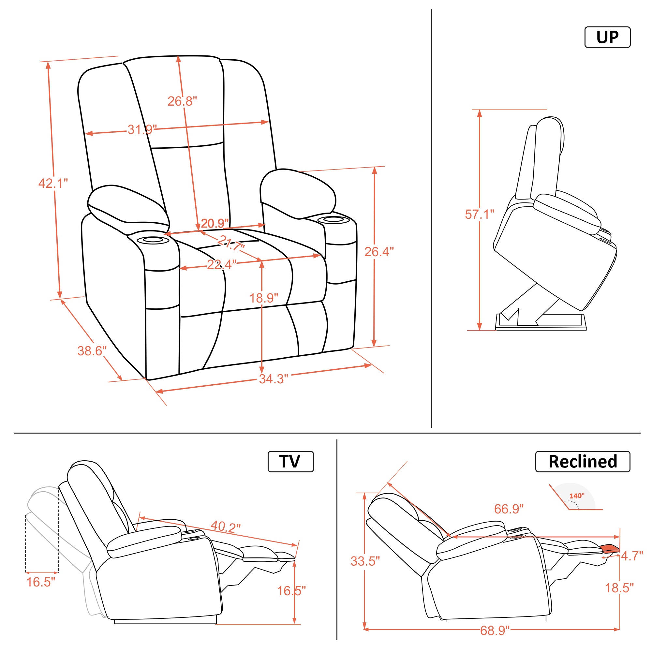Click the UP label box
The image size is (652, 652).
[x=607, y=37]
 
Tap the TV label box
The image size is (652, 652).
[x=290, y=461]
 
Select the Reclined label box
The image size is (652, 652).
[x=583, y=461]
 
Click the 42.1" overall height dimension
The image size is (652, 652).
[x=53, y=183]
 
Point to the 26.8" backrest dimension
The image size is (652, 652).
[x=182, y=101]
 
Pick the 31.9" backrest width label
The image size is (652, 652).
[x=142, y=129]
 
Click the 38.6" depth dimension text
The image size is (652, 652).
[x=92, y=351]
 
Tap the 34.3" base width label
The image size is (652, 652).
[x=274, y=379]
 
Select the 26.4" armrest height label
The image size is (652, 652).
[x=379, y=252]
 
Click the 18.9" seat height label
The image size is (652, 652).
[x=263, y=298]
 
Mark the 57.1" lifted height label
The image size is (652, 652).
[x=480, y=214]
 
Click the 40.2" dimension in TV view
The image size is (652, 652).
[x=226, y=526]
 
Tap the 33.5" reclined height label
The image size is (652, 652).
[x=365, y=561]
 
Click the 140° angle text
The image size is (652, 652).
[x=577, y=496]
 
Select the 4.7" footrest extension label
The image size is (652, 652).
[x=632, y=556]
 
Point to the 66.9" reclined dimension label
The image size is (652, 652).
[x=509, y=509]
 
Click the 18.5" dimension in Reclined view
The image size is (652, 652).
[x=619, y=588]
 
